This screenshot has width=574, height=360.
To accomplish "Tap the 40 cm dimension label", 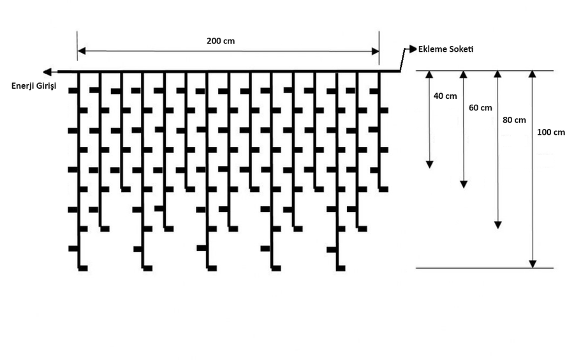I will point(445,96).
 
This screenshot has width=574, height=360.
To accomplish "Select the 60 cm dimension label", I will point(480,108).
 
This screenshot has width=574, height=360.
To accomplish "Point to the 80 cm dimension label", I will point(514,120).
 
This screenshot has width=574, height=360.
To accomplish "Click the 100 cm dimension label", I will point(551,133).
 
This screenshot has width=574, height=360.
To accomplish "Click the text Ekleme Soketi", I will point(446,49).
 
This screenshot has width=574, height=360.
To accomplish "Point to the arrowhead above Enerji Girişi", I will point(47,71).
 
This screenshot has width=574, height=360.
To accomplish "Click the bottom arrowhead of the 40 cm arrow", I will point(430,163).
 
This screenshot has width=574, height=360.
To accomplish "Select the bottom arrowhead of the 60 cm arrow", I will point(464,184).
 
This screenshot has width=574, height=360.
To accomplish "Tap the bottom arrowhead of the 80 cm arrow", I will point(498,224).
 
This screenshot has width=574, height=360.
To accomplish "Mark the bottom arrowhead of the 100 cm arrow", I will point(533,264).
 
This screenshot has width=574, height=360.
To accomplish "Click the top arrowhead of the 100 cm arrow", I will point(533,75).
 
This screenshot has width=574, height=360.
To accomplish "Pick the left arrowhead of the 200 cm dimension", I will point(82,50).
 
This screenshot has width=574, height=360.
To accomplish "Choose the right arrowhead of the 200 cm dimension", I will point(375,50).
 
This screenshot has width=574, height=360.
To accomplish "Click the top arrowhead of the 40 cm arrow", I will point(430,75).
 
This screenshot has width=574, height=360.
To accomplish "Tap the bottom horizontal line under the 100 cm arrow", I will point(485,268).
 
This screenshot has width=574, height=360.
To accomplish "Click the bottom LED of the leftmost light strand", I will point(83,268).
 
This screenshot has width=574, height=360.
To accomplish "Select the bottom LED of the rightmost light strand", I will point(383,189).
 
